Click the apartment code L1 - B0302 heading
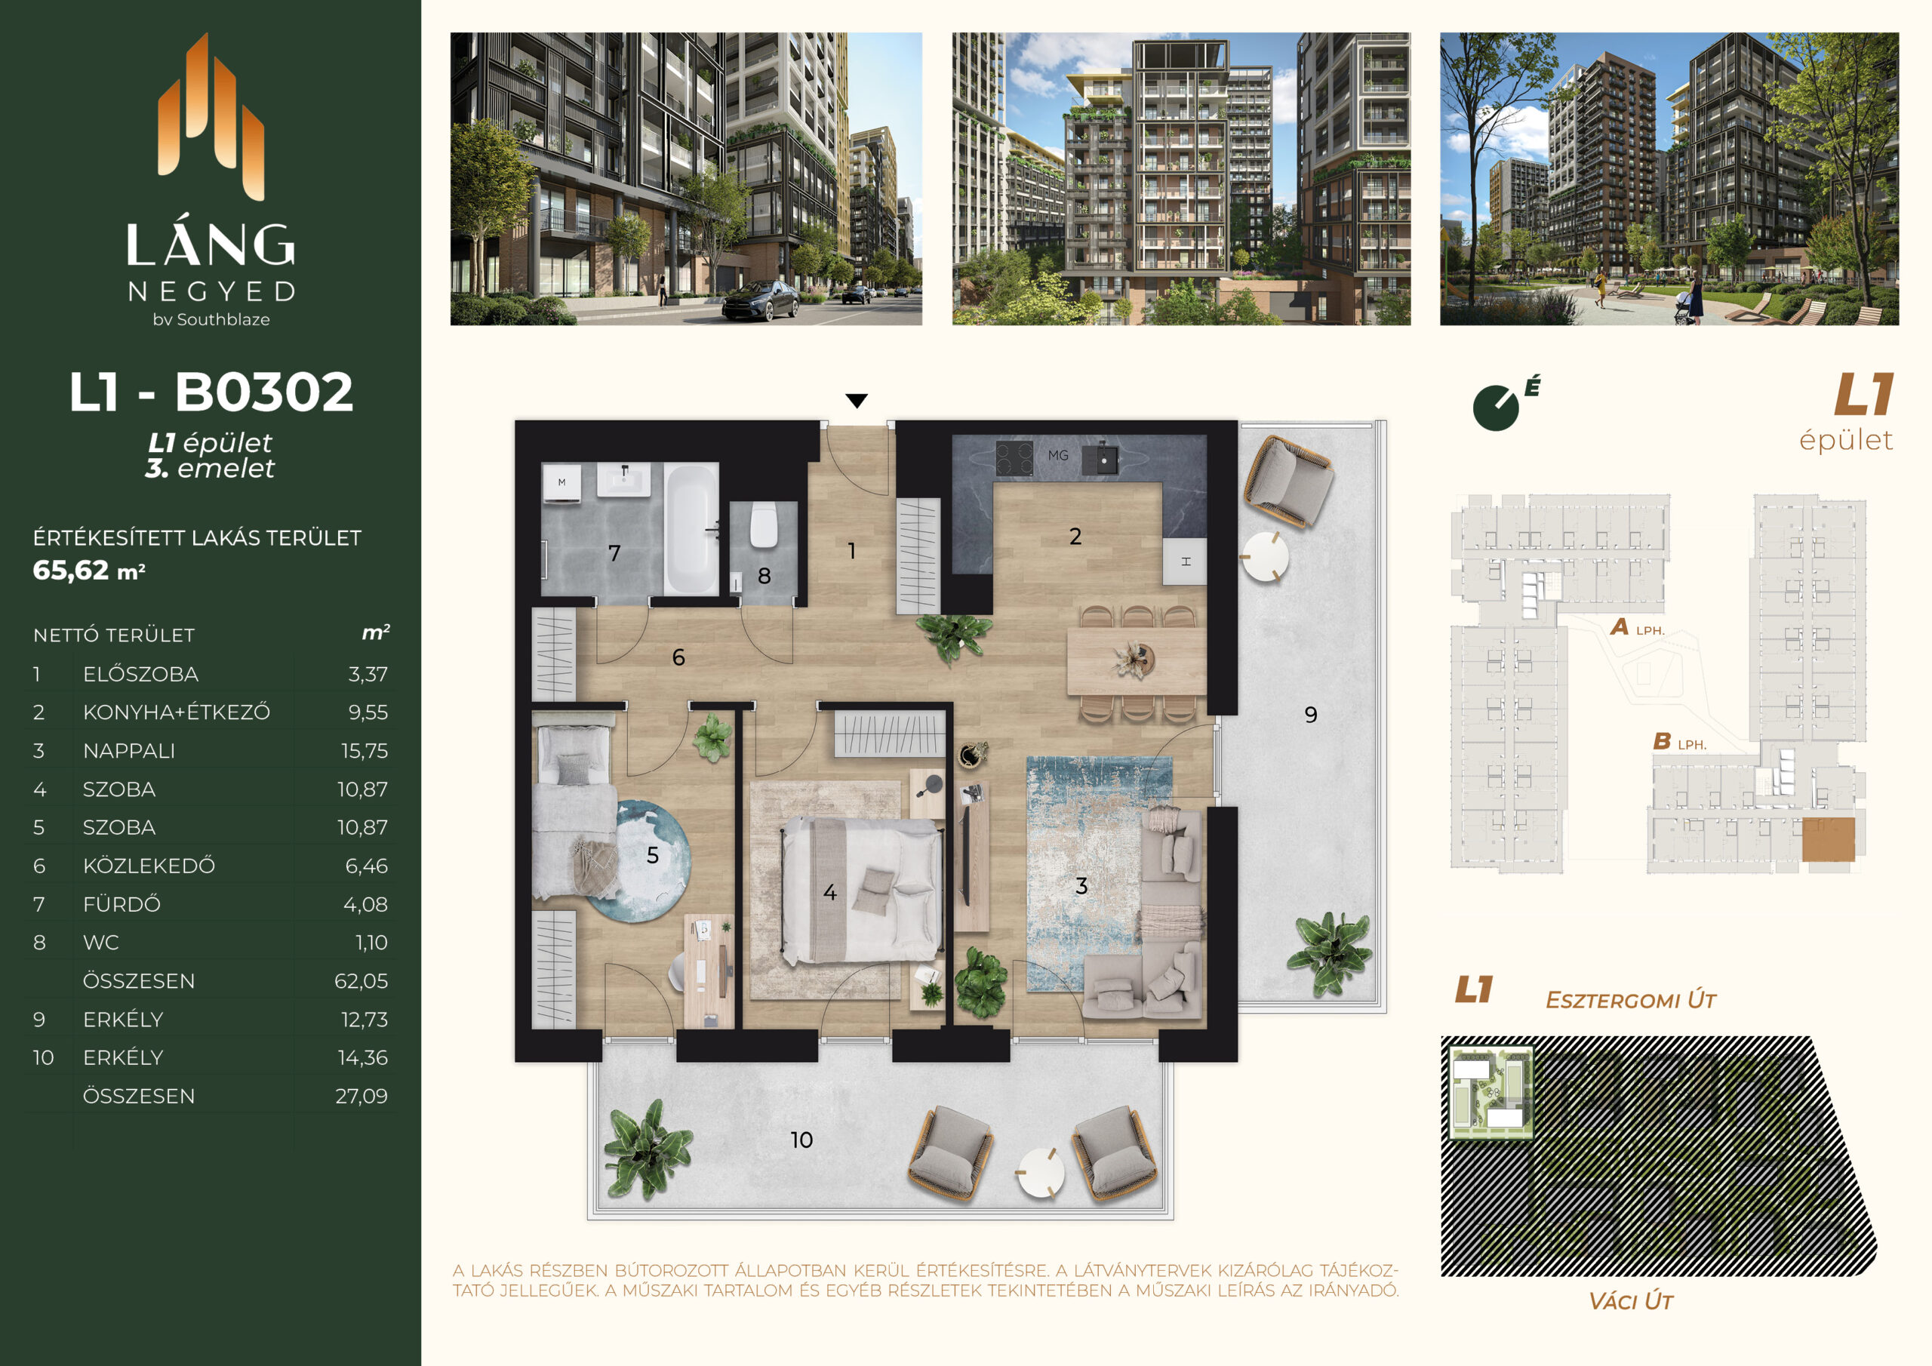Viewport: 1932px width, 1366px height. click(211, 392)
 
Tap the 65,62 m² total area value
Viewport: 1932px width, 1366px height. click(89, 571)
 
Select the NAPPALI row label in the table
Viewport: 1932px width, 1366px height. click(129, 751)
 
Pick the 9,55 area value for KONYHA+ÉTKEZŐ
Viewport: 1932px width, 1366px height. click(368, 712)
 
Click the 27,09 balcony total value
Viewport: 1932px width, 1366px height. click(361, 1096)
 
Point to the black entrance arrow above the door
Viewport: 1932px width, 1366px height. click(857, 401)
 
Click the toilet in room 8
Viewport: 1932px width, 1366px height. click(763, 527)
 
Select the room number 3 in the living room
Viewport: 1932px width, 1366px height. click(1081, 885)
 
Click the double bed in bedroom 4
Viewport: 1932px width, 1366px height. click(861, 889)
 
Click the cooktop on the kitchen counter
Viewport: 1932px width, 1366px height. click(1014, 459)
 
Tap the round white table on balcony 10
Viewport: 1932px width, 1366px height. click(1041, 1172)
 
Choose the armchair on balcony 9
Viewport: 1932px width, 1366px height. click(1287, 480)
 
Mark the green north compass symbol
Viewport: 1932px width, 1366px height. click(1496, 408)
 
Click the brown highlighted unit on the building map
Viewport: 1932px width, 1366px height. click(1828, 839)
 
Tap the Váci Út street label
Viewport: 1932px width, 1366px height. click(1631, 1301)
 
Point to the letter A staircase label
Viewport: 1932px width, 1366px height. click(1619, 627)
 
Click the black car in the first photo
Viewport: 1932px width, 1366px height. click(761, 300)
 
